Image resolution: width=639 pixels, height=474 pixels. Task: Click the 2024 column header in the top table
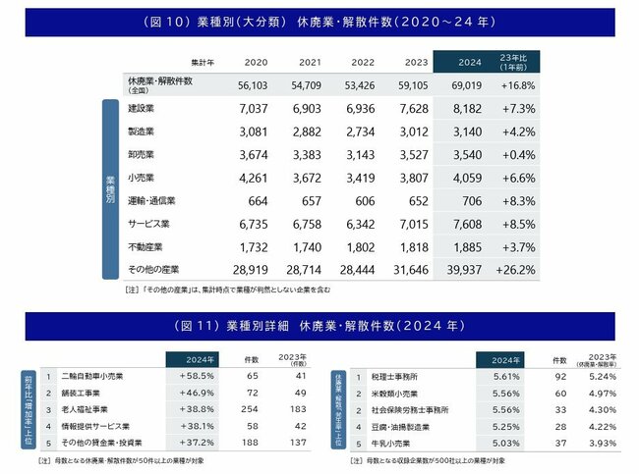pos(466,61)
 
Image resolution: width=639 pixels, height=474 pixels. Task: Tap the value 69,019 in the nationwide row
pos(466,84)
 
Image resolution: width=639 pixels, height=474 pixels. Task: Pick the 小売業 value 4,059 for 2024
pos(466,178)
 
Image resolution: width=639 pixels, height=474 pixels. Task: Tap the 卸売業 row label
pos(143,154)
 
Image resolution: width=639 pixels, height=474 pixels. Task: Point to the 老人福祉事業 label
pos(87,406)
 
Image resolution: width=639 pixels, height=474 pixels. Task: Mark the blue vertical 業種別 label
pos(111,181)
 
